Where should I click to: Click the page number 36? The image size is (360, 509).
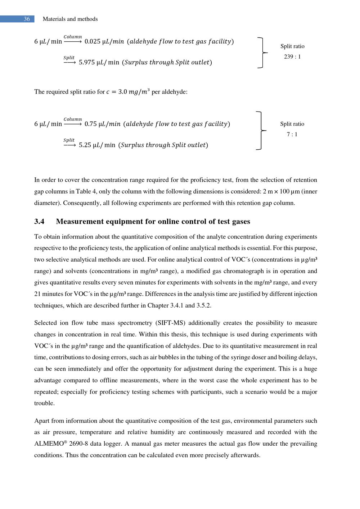27,19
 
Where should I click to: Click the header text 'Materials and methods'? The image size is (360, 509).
70,19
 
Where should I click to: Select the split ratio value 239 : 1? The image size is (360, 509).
292,56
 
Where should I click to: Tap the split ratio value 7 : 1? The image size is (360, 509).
292,134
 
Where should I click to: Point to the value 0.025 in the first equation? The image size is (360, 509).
93,41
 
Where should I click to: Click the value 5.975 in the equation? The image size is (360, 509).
87,62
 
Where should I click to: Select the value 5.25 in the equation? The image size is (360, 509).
85,145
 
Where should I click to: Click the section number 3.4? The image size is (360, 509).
39,222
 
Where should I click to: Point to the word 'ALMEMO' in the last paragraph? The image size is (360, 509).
49,444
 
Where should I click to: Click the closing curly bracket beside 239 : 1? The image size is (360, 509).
263,53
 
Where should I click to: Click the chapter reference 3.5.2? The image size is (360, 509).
204,305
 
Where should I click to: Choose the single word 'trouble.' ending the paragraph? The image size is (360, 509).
45,403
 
